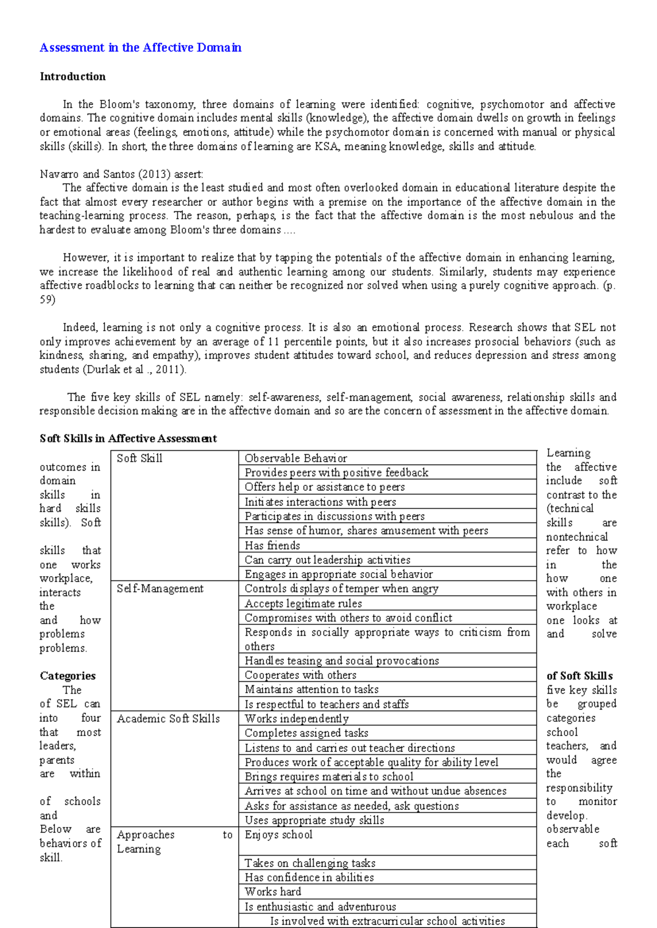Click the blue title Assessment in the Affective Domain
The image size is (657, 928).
(140, 48)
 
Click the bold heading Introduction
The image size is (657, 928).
(72, 77)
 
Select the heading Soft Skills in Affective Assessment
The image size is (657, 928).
(128, 438)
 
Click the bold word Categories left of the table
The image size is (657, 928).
(67, 676)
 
